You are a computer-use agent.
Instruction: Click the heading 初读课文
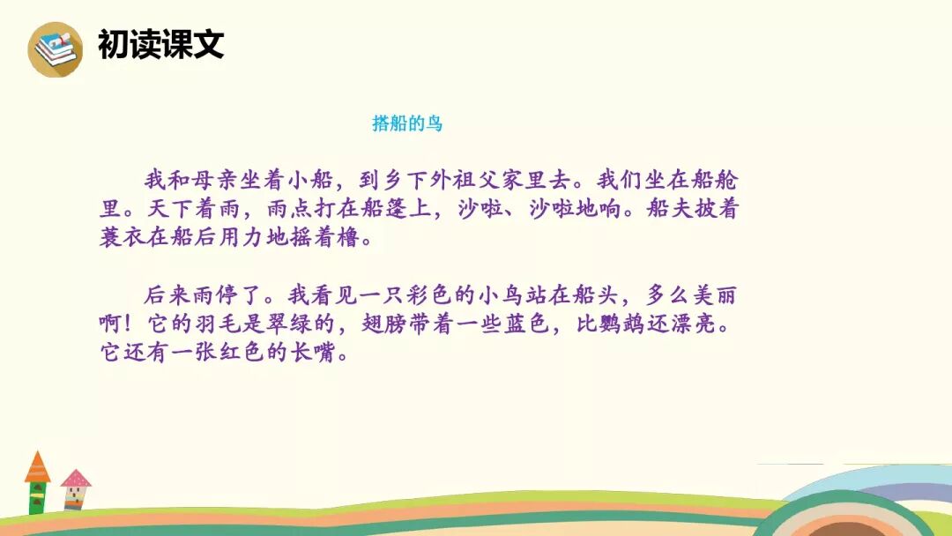[161, 45]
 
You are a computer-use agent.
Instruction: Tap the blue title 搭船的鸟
[407, 124]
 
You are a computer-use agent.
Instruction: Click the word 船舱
[717, 182]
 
